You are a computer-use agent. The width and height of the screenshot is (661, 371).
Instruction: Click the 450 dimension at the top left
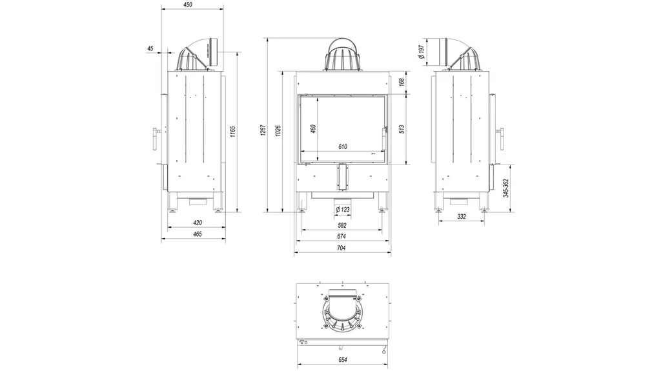[188, 5]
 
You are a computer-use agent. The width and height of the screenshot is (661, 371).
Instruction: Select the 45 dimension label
[150, 48]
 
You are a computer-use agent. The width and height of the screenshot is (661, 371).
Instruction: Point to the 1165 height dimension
[233, 132]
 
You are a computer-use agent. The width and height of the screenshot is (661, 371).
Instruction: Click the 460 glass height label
[313, 128]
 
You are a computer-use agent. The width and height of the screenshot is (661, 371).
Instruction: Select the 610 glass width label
[342, 147]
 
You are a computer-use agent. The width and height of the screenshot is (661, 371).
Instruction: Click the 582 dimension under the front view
[342, 225]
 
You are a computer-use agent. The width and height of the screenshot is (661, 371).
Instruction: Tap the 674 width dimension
[342, 237]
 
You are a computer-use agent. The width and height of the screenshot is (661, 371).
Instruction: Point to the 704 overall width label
[342, 248]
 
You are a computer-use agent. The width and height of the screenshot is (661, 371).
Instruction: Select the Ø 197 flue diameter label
[421, 52]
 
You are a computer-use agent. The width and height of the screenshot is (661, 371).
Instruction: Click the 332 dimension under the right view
[462, 217]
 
